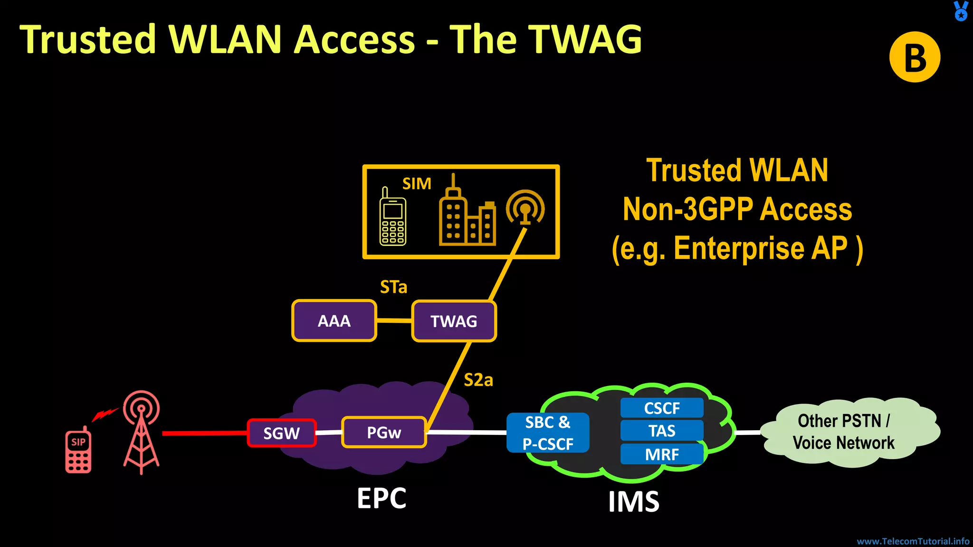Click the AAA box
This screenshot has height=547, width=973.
(x=334, y=321)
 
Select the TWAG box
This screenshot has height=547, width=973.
(x=454, y=321)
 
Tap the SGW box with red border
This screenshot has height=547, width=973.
(x=282, y=433)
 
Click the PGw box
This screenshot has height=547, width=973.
(x=384, y=433)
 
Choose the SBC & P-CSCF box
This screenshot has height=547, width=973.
(x=548, y=433)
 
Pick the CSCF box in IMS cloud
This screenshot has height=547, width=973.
(x=662, y=408)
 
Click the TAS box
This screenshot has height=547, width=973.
(x=662, y=431)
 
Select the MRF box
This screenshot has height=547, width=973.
(x=662, y=454)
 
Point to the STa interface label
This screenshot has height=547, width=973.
(x=393, y=287)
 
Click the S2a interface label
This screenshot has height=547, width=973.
(x=478, y=380)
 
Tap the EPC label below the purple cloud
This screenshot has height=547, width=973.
(x=382, y=498)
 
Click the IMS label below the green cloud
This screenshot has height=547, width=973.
(x=634, y=501)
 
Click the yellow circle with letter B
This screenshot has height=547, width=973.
(x=915, y=57)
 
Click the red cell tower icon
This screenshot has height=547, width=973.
(x=141, y=432)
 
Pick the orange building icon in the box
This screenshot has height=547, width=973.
(x=467, y=214)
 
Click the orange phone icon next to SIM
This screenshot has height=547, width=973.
(x=392, y=218)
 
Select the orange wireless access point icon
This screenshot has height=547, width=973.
(x=525, y=208)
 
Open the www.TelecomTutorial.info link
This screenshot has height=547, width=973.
(x=913, y=541)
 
